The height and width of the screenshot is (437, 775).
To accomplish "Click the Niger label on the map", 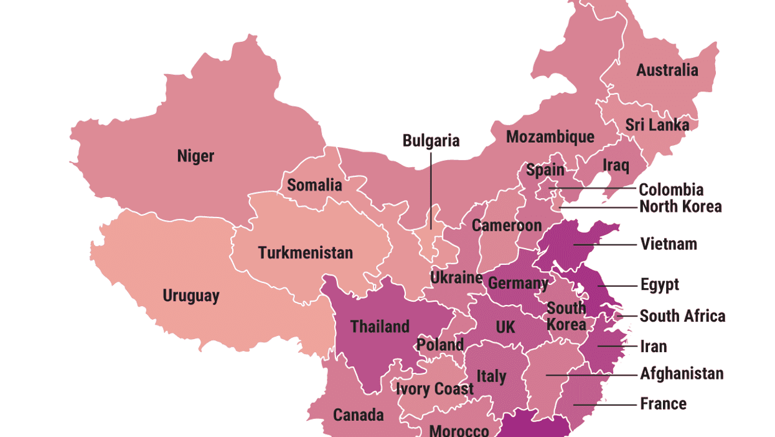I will point(195,156).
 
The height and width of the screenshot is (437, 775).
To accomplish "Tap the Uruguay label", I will point(190,295).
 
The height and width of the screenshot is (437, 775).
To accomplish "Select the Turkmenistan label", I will point(305,253).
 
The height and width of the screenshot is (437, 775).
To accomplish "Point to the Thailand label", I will point(380,327).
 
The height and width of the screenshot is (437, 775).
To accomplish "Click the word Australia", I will point(667,70).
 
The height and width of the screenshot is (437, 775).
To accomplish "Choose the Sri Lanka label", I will point(657,125).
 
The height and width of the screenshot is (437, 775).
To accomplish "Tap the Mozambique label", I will point(550,137).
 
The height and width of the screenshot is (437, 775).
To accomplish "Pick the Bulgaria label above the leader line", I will point(431,141).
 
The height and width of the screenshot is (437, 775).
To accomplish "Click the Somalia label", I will point(314,185).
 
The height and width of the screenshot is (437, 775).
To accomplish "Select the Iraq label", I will point(616,166).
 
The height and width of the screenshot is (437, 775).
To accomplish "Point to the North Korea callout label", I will point(680,207).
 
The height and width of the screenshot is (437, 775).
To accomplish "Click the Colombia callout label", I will point(671,190).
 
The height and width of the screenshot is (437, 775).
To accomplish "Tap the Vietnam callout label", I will point(669,244).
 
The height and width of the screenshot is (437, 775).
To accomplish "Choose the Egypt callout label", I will point(659,285).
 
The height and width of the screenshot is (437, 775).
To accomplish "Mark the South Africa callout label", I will point(682,316).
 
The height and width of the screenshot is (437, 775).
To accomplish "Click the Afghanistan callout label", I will point(682,374).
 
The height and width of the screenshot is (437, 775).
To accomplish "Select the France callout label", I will point(663,404).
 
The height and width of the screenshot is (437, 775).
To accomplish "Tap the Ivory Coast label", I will point(434,390).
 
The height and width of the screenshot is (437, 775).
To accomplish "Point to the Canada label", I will point(358,415).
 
